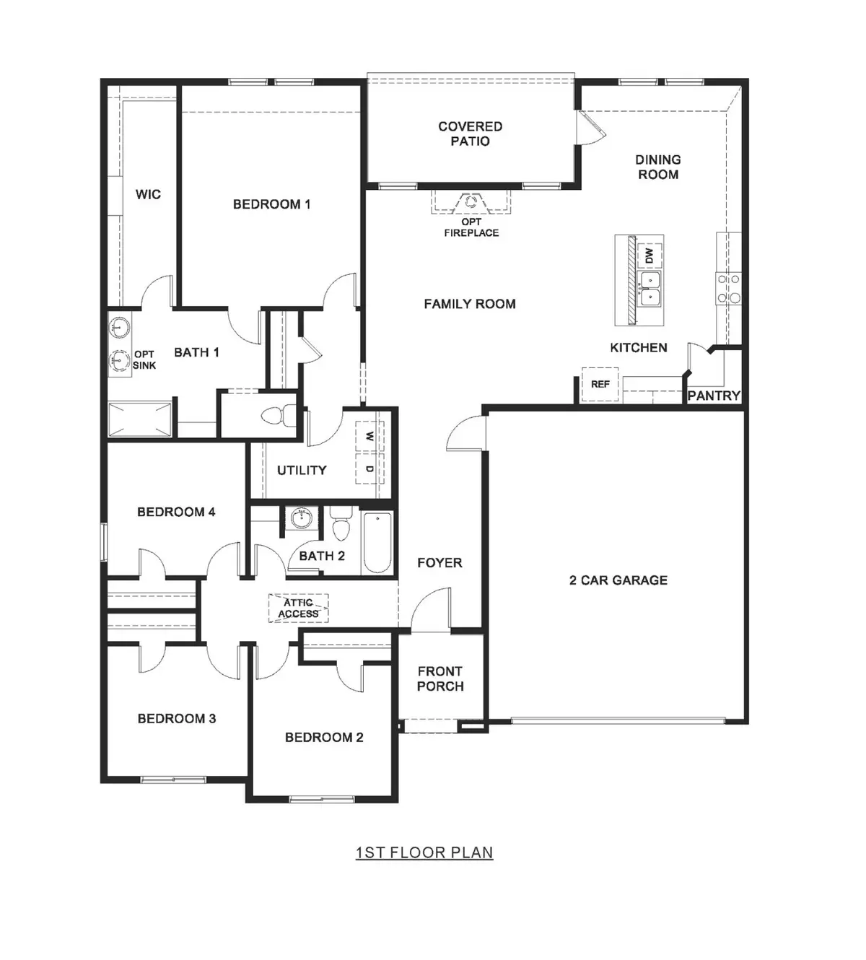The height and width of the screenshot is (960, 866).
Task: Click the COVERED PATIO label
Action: [470, 134]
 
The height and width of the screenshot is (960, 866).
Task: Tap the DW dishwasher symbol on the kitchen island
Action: [649, 256]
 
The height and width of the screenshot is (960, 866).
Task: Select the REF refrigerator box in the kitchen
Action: [600, 384]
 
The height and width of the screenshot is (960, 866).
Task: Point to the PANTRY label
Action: [713, 396]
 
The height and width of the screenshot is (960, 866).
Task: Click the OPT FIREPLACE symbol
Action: [471, 204]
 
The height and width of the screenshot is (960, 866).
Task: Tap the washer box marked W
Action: [369, 437]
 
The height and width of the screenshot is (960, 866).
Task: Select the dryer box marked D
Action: [369, 469]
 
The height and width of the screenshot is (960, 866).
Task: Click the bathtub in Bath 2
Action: [377, 543]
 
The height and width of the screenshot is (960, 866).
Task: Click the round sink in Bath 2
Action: [300, 518]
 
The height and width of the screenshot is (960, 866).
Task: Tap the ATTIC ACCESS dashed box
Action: [299, 608]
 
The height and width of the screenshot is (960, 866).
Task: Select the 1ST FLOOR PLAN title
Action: [424, 852]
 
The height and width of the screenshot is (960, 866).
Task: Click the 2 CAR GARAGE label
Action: [618, 580]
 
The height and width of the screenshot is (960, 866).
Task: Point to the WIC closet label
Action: [148, 194]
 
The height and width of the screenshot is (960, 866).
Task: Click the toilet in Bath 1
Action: [278, 416]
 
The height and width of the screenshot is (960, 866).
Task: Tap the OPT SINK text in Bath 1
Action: [144, 359]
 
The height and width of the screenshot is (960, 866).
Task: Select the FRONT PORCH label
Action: [440, 678]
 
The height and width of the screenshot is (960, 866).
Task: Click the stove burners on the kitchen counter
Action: [728, 287]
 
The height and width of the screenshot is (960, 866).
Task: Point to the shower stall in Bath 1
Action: [140, 419]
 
